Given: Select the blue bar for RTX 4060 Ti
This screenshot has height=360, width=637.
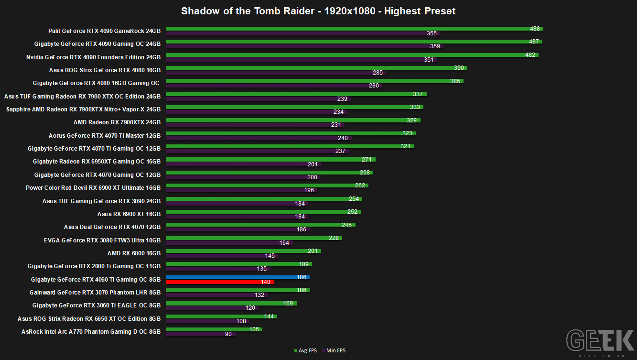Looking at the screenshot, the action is tap(238, 277).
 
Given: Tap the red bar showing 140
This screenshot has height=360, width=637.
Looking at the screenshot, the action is tap(220, 282).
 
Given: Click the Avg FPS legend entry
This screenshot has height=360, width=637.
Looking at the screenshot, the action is tap(305, 350).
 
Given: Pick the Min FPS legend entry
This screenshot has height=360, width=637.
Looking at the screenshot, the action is tap(334, 350).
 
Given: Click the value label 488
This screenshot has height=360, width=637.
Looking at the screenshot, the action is tap(535, 29).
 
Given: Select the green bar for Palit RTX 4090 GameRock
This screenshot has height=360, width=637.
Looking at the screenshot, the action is tap(354, 29).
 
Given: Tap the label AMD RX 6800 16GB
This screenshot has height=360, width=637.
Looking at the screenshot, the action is tap(134, 253).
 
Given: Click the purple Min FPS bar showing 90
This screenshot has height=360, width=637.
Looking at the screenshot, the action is tap(201, 334).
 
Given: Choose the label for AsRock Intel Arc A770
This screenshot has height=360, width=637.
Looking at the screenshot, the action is tap(91, 332).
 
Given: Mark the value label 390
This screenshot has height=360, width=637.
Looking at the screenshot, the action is tap(459, 68).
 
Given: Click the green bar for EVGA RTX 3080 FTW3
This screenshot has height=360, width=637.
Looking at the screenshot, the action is tap(254, 238).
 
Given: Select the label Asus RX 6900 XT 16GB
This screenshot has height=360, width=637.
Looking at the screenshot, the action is tap(129, 214).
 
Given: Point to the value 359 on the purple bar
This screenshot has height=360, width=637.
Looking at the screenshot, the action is tap(435, 46).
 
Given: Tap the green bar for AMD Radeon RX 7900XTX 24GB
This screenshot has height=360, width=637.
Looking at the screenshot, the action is tap(293, 120).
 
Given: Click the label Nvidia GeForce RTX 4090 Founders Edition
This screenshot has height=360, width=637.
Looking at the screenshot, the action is tap(93, 57).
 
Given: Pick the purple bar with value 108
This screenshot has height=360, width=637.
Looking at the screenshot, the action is tap(207, 321).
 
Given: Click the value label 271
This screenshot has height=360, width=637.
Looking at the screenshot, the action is tap(367, 159).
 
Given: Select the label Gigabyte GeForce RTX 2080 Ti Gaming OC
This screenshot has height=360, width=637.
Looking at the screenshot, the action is tap(94, 266).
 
